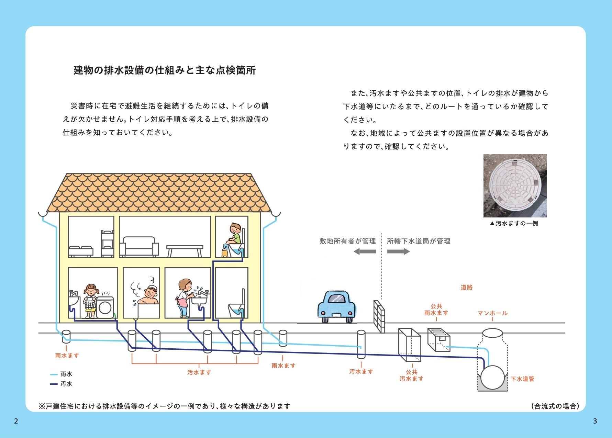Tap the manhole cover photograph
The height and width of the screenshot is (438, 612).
point(515,186)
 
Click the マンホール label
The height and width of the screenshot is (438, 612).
point(492,313)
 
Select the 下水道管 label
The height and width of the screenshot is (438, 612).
point(522,379)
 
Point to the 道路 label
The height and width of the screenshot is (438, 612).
point(466,287)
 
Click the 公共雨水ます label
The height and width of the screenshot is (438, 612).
point(436,310)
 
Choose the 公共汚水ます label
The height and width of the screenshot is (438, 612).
point(411,375)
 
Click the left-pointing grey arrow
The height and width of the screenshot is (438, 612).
point(365,251)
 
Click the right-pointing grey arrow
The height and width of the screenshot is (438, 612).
point(398,251)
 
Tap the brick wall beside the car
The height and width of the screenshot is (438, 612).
point(379,316)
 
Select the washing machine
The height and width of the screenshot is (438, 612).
point(105,307)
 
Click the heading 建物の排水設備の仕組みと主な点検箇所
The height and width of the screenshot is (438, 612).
point(165,70)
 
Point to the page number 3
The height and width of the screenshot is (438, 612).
point(595,421)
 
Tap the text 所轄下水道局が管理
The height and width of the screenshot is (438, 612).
point(419,241)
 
